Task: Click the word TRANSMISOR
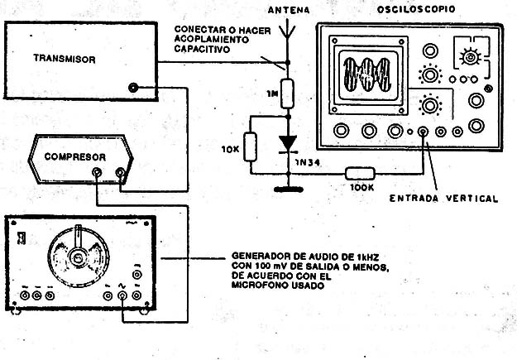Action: click(65, 59)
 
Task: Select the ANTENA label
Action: click(287, 10)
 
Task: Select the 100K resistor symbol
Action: click(359, 173)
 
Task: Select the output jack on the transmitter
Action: click(133, 88)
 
